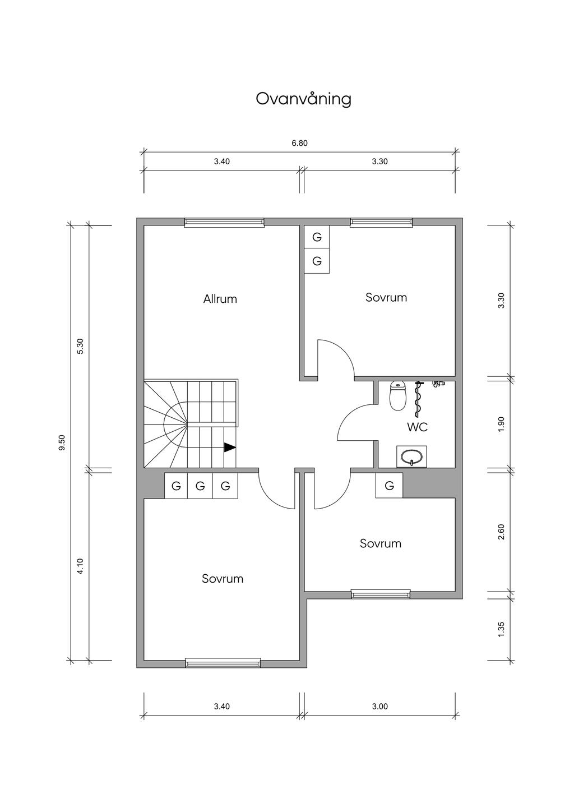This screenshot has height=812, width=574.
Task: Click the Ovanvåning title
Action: point(303,99)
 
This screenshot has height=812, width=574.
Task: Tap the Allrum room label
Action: point(220,299)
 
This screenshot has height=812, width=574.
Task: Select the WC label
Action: point(417,427)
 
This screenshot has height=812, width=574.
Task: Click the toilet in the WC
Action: point(397,396)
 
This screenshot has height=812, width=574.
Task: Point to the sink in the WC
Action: point(411,456)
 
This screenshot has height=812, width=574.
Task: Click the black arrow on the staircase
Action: point(230,447)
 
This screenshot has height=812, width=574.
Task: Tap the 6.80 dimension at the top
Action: point(300,143)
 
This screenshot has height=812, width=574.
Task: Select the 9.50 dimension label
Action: point(62,442)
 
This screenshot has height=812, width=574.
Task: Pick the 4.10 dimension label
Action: point(81,566)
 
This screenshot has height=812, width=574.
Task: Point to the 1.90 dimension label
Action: point(501,424)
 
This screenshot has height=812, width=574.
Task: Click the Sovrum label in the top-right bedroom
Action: point(386,298)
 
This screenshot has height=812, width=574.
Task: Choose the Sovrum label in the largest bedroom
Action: point(223,579)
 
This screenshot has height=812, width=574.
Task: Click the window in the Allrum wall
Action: point(224,223)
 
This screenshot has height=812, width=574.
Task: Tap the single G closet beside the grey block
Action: point(389,486)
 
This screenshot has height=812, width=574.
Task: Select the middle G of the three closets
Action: point(200,486)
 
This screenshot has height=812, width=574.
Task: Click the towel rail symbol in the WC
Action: point(419,399)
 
